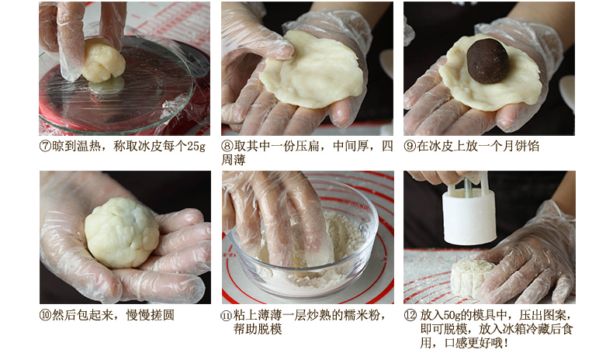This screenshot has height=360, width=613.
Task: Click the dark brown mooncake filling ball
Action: (x=488, y=61)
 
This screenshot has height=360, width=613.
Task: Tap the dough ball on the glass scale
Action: (x=103, y=61)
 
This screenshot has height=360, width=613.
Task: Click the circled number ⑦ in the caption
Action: (x=45, y=146)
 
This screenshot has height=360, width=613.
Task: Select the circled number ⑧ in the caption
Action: (x=227, y=146)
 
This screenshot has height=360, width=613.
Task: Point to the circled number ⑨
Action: (x=410, y=146)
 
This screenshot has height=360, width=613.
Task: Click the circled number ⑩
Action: (x=45, y=315)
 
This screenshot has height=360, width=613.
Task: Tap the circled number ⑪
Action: (x=227, y=316)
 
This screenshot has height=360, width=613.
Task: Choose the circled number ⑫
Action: (x=410, y=316)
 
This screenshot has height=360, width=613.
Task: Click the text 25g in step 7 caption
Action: (x=196, y=147)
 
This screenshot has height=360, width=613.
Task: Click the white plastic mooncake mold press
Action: (x=469, y=210)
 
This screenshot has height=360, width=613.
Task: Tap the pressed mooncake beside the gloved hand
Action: (x=468, y=277)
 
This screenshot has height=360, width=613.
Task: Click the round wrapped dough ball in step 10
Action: (x=122, y=233)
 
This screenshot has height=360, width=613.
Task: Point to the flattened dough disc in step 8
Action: (x=312, y=69)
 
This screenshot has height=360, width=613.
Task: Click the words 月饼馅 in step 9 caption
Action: (x=521, y=146)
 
